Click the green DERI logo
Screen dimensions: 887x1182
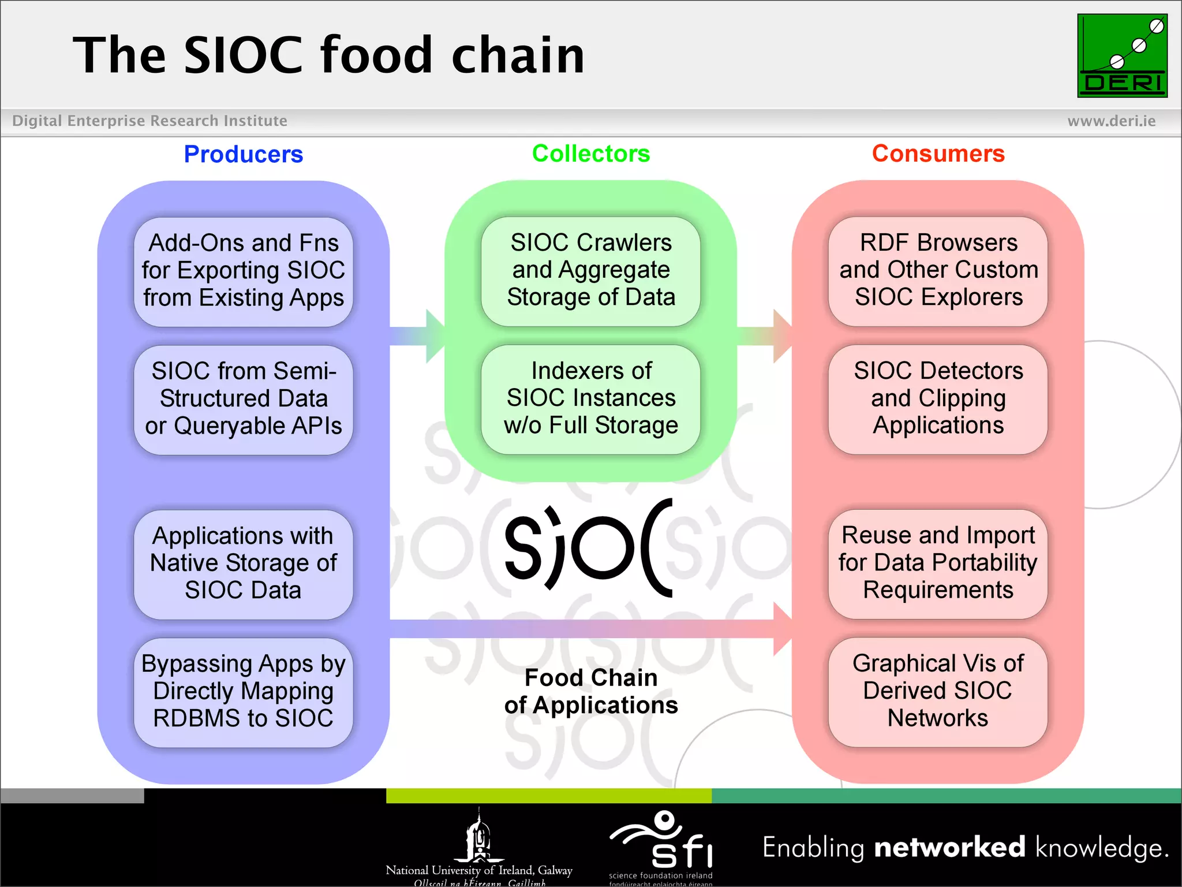[1122, 55]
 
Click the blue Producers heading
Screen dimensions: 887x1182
[243, 154]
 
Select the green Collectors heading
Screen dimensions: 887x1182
[590, 154]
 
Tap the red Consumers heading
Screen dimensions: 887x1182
[938, 154]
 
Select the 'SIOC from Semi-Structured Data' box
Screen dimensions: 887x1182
[243, 399]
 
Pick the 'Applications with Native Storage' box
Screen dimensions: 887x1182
[243, 564]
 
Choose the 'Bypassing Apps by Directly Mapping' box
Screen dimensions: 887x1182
[243, 692]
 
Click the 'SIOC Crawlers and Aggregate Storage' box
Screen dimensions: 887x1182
[590, 271]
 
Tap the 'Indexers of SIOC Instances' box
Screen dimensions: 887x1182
[590, 399]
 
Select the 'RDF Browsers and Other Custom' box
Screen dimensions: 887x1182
[938, 271]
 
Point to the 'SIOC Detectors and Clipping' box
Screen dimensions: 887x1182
[938, 399]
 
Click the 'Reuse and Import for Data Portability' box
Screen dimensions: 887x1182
[938, 564]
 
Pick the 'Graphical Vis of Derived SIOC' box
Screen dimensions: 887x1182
[938, 692]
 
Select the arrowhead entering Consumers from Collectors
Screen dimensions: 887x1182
[782, 336]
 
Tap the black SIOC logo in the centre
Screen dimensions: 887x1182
[589, 547]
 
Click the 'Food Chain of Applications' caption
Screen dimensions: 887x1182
[590, 691]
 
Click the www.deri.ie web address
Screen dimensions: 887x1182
[1111, 121]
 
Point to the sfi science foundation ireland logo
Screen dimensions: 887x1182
[661, 846]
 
